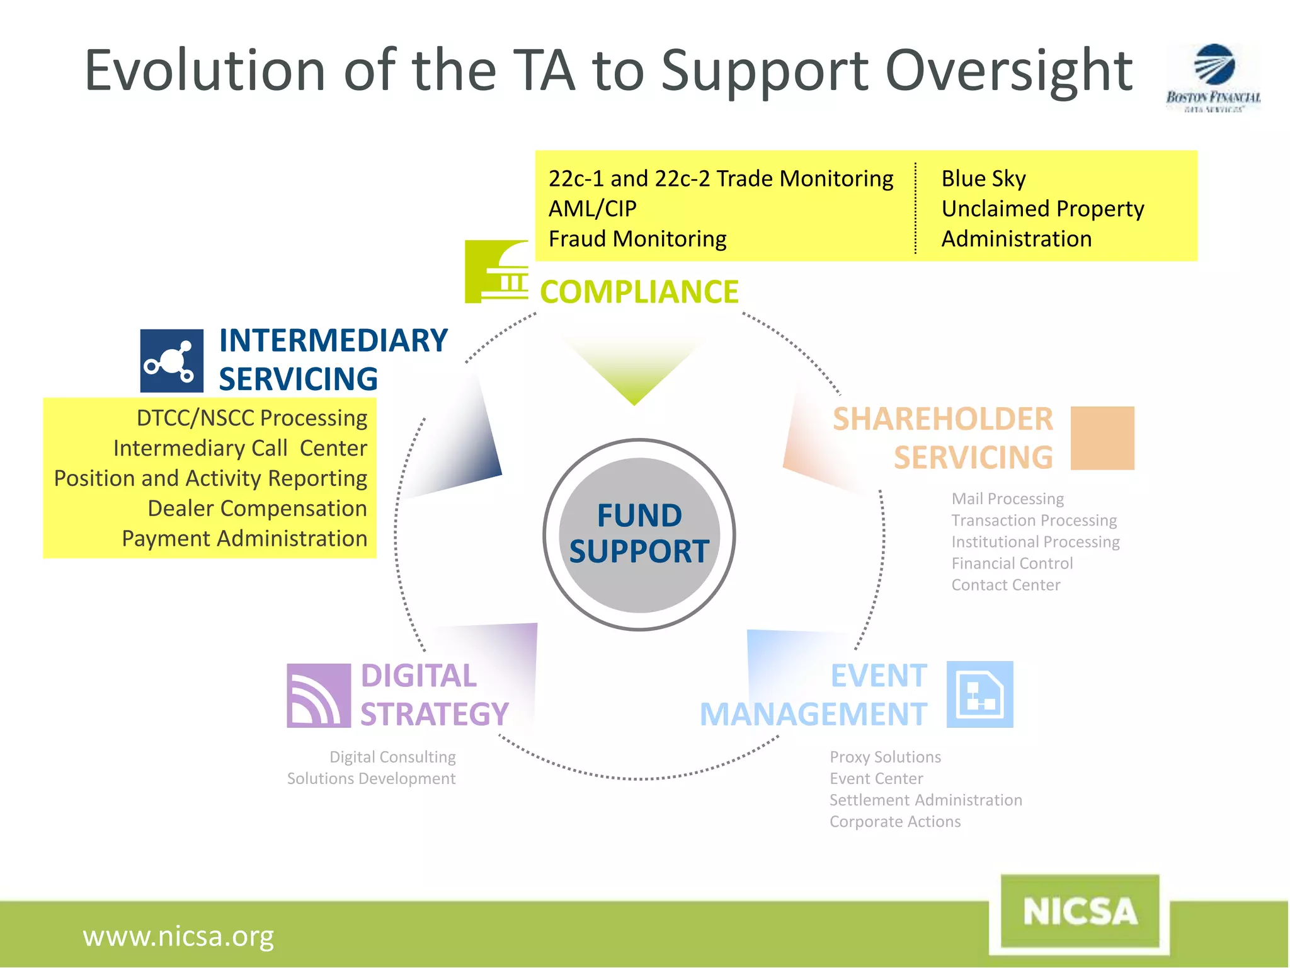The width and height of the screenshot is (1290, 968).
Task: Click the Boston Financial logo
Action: tap(1213, 77)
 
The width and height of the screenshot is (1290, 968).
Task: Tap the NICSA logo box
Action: tap(1080, 911)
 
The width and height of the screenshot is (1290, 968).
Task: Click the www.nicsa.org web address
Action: tap(178, 936)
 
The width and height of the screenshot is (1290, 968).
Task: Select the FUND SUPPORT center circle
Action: tap(639, 534)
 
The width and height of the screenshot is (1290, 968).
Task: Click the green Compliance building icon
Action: tap(496, 272)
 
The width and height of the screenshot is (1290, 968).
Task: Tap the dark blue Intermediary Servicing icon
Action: tap(172, 360)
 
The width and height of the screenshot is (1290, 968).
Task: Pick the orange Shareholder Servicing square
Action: tap(1102, 438)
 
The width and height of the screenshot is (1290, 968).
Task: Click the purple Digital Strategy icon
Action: tap(319, 695)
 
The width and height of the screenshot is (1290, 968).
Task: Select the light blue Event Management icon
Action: tap(979, 694)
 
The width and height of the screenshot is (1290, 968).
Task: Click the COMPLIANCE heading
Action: tap(639, 292)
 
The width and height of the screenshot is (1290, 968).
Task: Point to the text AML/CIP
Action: tap(592, 209)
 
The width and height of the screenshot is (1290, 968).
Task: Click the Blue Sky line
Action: tap(983, 178)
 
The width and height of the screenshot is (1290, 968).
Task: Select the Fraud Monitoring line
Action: tap(637, 239)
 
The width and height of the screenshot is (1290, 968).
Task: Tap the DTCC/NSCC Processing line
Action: tap(252, 418)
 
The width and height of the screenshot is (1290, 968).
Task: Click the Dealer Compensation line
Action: tap(257, 508)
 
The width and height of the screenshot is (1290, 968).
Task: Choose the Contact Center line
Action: tap(1005, 585)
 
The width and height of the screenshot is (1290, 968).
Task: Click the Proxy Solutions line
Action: tap(885, 757)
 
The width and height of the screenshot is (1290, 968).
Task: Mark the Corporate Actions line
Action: tap(894, 822)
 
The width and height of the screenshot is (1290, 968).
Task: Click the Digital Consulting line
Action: tap(392, 757)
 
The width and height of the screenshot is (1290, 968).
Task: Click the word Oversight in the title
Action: tap(1008, 71)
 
